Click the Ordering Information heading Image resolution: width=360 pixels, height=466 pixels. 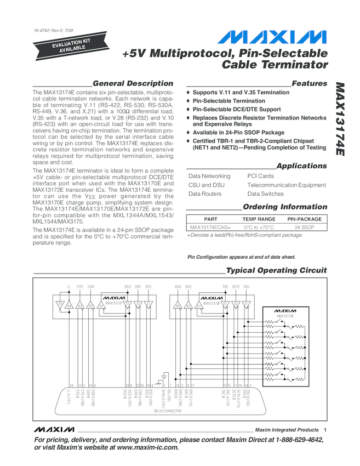coord(284,207)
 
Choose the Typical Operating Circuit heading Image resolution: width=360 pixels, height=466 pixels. coord(276,270)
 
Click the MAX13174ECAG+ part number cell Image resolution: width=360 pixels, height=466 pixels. coord(210,227)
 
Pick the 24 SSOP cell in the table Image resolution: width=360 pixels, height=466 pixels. coord(304,227)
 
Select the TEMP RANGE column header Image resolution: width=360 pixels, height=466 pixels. coord(259,219)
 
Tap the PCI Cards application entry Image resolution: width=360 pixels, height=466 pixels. coord(260,176)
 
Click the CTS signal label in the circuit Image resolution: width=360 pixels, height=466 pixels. coord(79,287)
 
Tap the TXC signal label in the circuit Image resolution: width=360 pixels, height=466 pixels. coord(225,287)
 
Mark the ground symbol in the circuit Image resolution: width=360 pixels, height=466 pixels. coord(162,377)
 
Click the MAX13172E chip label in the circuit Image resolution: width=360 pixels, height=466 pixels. coord(114,303)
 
